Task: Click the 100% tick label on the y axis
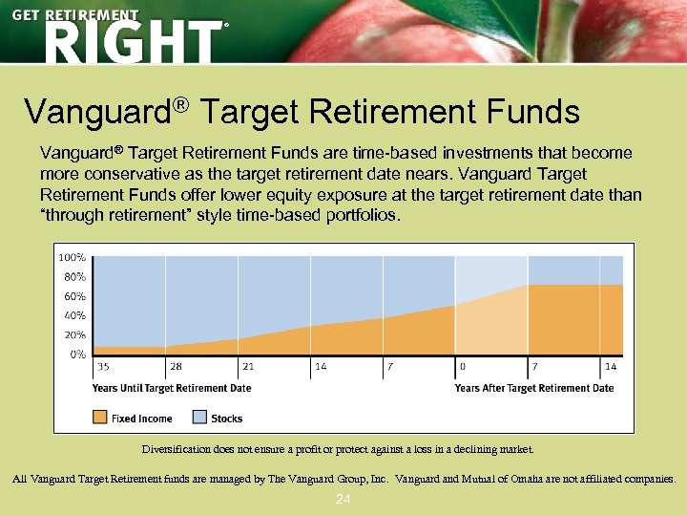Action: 73,257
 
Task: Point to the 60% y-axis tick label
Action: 74,296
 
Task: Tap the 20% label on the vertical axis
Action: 74,334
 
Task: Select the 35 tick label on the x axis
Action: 102,366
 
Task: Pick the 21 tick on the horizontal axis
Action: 248,366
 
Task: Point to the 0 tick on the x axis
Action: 463,366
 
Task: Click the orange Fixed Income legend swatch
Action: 100,418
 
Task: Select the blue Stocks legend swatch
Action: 199,418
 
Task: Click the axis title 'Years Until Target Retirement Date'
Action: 172,388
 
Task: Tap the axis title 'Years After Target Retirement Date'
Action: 534,388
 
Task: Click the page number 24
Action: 343,500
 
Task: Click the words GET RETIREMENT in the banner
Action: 75,15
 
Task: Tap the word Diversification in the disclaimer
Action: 177,448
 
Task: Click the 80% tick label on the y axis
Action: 74,276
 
